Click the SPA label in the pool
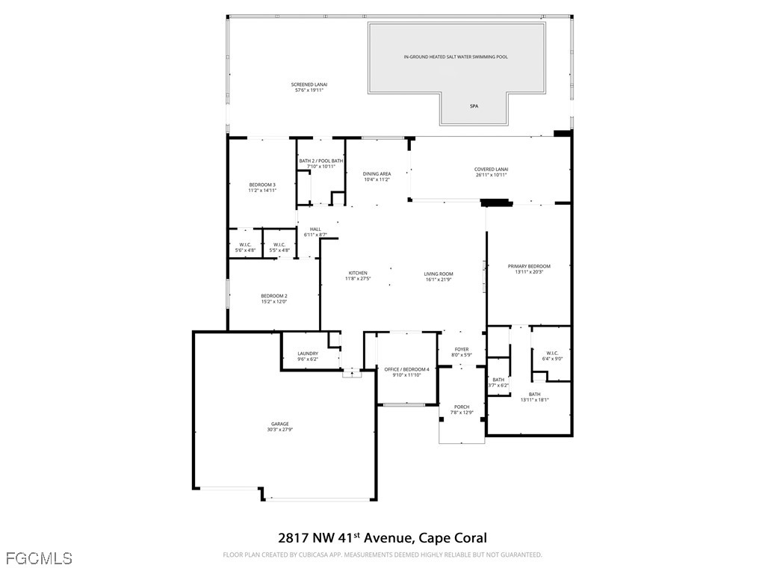(474, 106)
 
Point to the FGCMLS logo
(39, 558)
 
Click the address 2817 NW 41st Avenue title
(382, 537)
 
